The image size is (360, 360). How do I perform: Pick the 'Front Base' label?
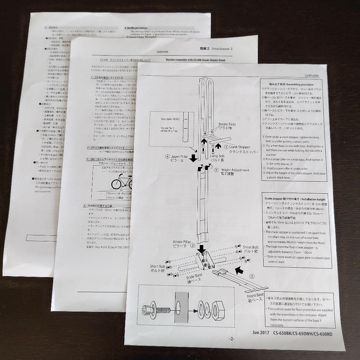256,295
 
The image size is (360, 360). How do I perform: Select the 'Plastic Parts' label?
228,124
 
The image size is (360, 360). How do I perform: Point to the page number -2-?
232,339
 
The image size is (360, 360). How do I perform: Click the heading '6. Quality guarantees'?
136,28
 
